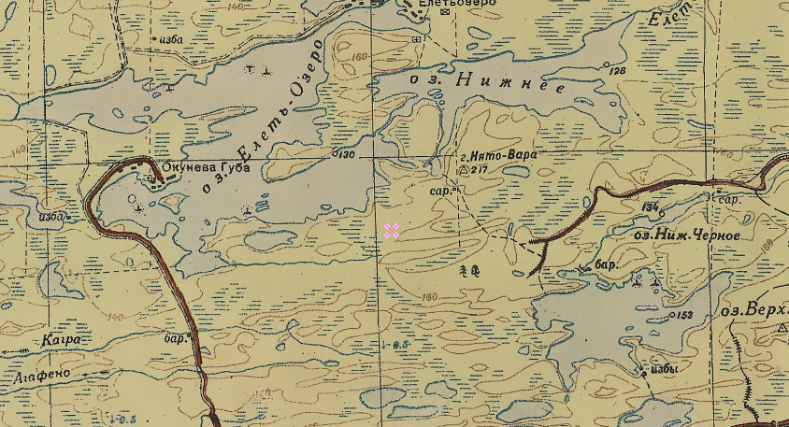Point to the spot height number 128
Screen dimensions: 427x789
[x=617, y=71]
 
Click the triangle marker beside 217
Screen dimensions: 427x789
[x=463, y=171]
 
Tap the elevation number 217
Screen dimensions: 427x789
[x=481, y=171]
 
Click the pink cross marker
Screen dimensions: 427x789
[x=392, y=231]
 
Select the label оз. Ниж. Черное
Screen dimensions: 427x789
[x=686, y=235]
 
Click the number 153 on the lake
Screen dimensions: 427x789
[x=684, y=315]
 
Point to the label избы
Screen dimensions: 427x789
[x=664, y=368]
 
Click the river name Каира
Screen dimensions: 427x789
[x=61, y=341]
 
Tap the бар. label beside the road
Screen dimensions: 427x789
[x=175, y=338]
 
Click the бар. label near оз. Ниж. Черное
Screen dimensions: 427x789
[x=607, y=265]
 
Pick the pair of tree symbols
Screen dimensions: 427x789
[x=469, y=271]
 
